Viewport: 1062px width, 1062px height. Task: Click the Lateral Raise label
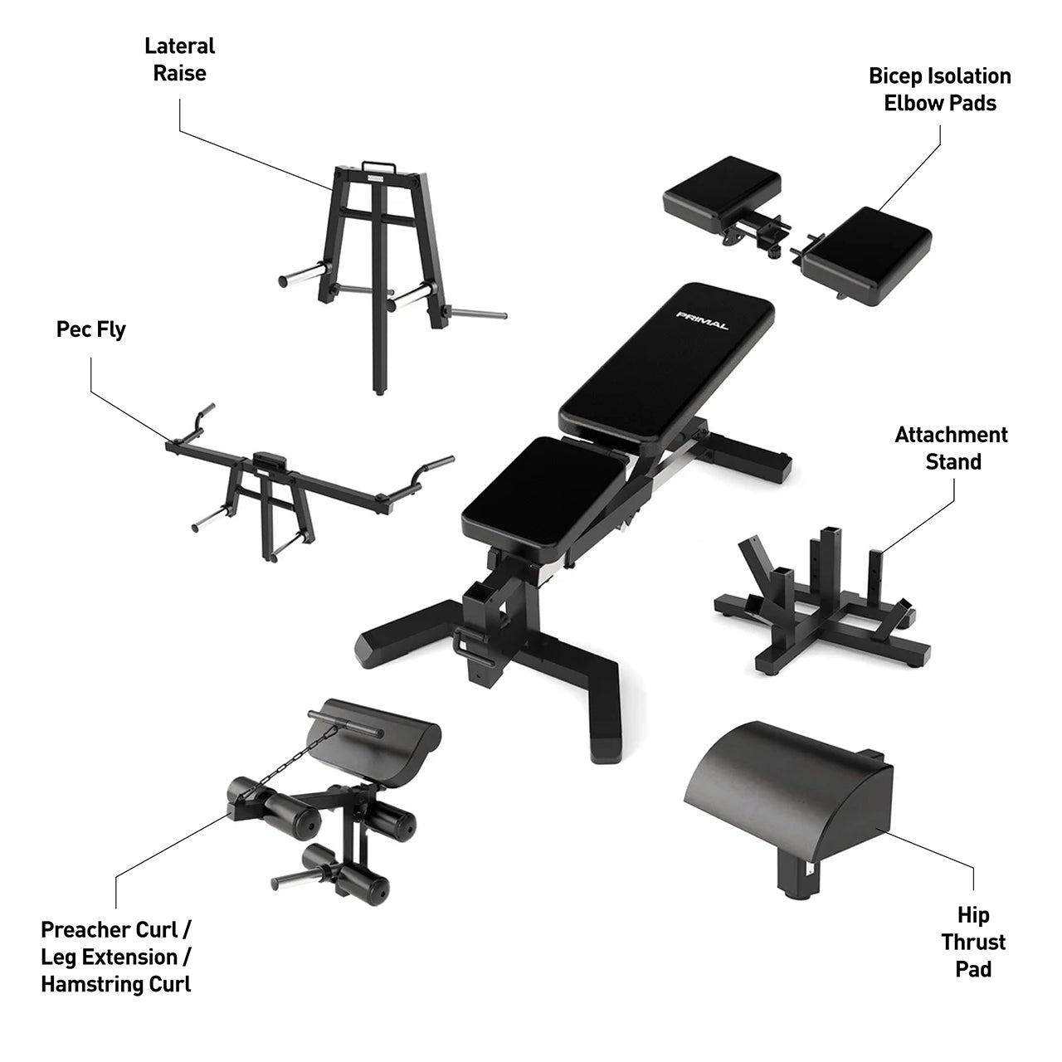pos(179,59)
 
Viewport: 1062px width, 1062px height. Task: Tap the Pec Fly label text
pos(91,329)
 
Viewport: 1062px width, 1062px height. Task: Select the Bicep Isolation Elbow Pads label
pos(939,90)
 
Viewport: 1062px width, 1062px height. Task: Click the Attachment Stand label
pos(952,448)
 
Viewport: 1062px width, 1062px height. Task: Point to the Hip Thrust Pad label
pos(973,942)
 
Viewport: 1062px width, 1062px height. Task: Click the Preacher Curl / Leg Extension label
pos(116,956)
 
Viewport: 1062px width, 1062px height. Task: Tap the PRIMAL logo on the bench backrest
pos(702,320)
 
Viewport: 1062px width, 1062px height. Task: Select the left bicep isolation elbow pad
pos(721,192)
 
